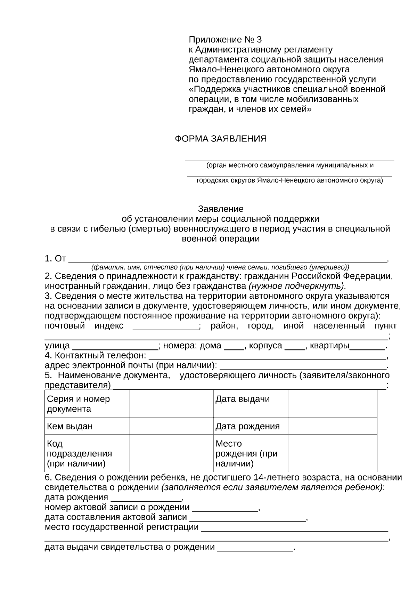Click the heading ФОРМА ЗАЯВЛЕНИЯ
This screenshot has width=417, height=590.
(220, 139)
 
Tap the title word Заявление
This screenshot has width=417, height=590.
(221, 209)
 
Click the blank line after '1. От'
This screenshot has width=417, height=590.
(228, 260)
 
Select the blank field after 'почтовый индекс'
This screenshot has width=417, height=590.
(165, 327)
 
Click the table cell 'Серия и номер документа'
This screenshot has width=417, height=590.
(87, 404)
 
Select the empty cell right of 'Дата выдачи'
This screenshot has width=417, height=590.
(332, 404)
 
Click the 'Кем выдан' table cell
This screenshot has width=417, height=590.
(87, 426)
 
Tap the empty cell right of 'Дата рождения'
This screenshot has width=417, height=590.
(332, 426)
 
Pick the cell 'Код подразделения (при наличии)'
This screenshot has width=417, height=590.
(87, 453)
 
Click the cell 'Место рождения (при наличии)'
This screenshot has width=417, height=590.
(250, 453)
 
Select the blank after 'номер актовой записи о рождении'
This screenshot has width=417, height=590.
(225, 508)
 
